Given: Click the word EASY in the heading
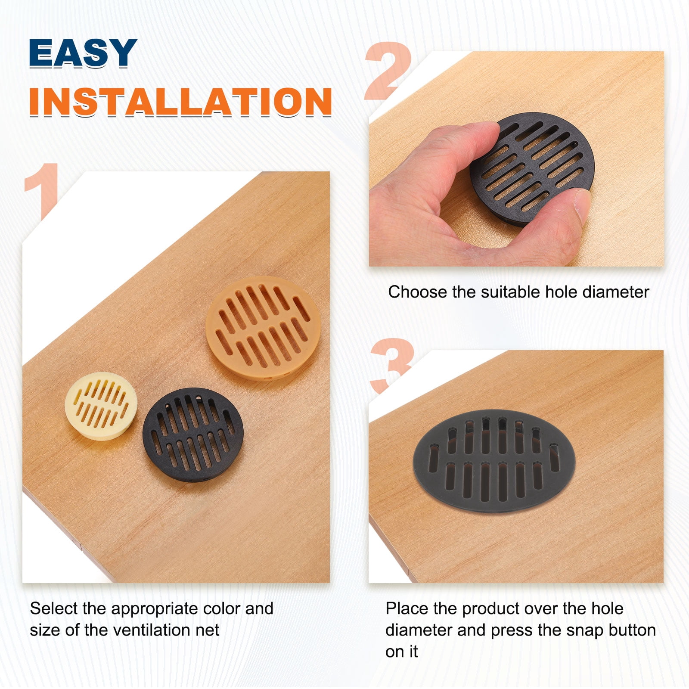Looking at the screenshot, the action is [x=83, y=53].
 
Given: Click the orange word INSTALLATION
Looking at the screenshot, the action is [x=181, y=102].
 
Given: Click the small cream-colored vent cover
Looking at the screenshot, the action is [x=101, y=406].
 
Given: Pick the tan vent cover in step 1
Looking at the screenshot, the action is [x=263, y=328].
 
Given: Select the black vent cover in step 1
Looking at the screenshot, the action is [x=193, y=435].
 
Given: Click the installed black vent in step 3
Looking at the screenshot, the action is [x=494, y=461].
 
